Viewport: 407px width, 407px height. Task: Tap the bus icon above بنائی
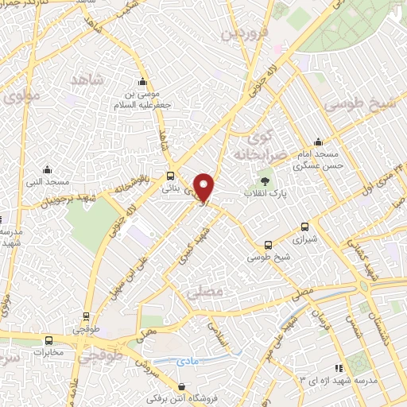pyautogui.click(x=171, y=176)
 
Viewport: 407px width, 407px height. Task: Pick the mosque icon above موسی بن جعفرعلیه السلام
pyautogui.click(x=142, y=81)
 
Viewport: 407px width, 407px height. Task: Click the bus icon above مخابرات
pyautogui.click(x=49, y=339)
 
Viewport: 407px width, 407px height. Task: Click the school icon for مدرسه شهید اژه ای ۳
pyautogui.click(x=339, y=367)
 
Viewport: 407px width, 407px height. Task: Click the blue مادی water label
pyautogui.click(x=191, y=360)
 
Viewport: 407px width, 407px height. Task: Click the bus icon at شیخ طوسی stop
pyautogui.click(x=268, y=245)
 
